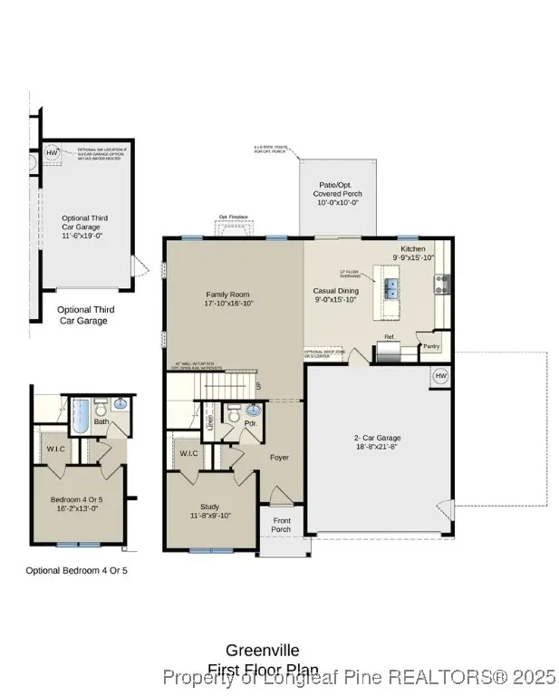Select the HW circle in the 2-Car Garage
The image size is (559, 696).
440,375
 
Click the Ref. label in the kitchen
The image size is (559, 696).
390,337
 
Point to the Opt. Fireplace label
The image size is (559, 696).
233,217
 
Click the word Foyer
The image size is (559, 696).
279,457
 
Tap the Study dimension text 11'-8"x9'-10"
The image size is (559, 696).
209,516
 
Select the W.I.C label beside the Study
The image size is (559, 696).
188,453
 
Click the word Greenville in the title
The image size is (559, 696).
263,650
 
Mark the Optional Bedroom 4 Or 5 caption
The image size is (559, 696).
76,570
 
